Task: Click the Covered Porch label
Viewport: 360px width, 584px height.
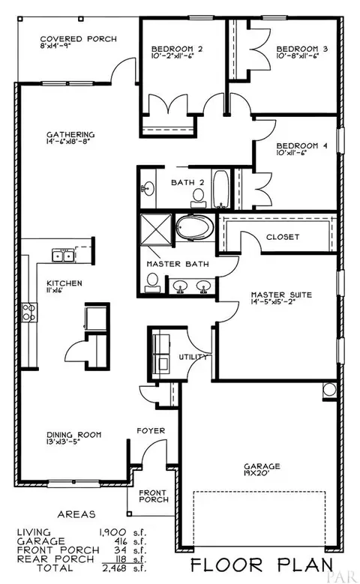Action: point(78,39)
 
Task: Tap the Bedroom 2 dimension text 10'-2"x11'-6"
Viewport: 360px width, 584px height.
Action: point(172,56)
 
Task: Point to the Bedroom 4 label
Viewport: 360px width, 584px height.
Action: point(301,145)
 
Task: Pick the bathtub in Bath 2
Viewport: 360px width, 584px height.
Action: point(221,189)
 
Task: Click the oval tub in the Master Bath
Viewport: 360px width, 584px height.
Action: point(194,227)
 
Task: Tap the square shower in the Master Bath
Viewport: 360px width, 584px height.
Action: point(156,229)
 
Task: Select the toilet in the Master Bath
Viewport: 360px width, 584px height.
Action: point(152,283)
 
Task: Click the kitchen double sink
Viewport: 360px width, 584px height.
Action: point(62,256)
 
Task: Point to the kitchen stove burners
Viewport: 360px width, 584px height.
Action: point(29,312)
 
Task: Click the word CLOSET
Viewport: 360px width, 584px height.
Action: point(283,237)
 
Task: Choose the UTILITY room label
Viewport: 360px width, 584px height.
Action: point(193,357)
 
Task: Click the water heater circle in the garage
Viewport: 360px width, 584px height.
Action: point(329,389)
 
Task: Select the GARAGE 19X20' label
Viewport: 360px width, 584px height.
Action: point(262,469)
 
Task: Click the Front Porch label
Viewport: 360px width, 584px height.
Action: point(154,496)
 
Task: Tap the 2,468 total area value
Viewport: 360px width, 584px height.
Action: point(115,568)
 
